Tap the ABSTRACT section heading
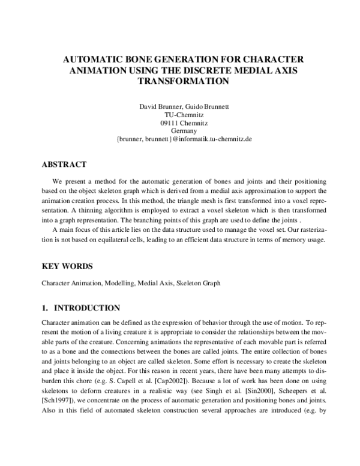click(64, 164)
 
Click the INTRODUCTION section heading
click(87, 308)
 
